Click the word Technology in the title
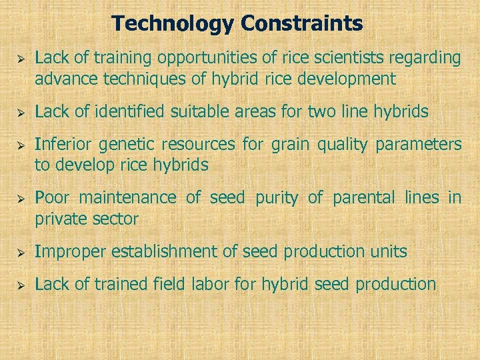click(173, 24)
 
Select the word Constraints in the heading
click(302, 24)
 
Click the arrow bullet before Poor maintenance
click(19, 199)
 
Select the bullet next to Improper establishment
click(19, 252)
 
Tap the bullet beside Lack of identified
click(19, 112)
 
